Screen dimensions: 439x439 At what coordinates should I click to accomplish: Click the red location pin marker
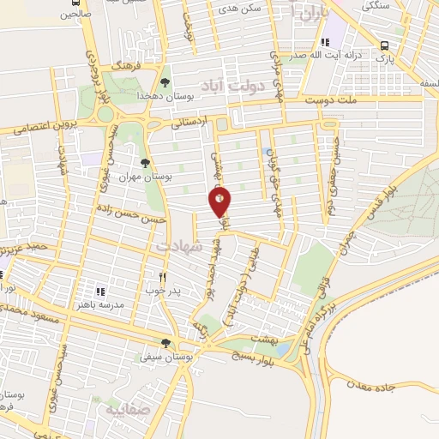click(x=219, y=201)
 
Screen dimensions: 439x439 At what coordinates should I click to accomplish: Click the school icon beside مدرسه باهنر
click(x=100, y=291)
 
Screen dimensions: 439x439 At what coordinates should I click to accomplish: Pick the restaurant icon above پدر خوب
click(x=163, y=276)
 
